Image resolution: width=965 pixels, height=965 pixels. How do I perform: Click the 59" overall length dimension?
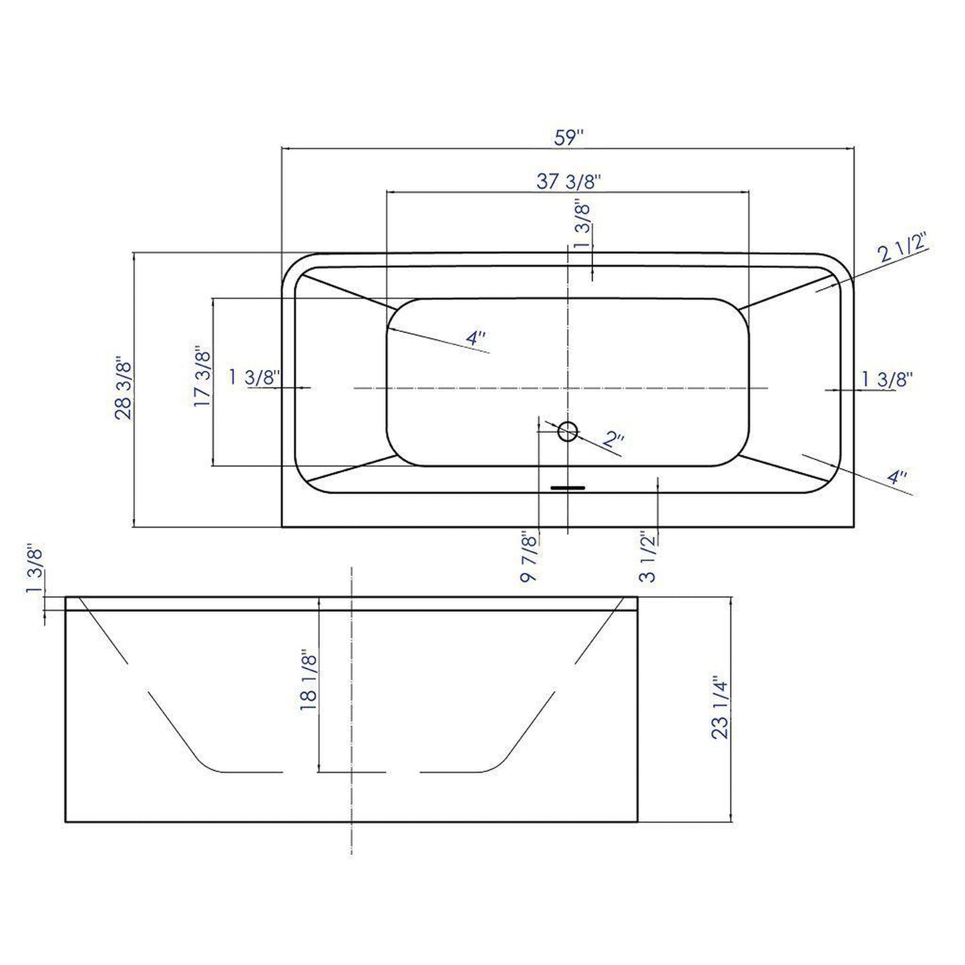pyautogui.click(x=569, y=138)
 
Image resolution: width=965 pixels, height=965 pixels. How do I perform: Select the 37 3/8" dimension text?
pyautogui.click(x=569, y=181)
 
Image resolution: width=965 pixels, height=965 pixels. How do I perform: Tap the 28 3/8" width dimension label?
pyautogui.click(x=124, y=389)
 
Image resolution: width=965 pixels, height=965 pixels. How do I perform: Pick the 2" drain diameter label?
pyautogui.click(x=613, y=439)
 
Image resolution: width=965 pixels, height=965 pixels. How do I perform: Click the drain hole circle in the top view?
pyautogui.click(x=568, y=431)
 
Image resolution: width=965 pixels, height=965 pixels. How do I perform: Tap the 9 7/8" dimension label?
pyautogui.click(x=528, y=557)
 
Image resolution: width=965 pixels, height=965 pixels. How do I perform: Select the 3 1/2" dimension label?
pyautogui.click(x=648, y=557)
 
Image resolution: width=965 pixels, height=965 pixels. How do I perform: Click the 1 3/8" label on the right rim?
pyautogui.click(x=886, y=379)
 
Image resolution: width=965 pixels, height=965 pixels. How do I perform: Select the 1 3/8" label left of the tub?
pyautogui.click(x=254, y=377)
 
